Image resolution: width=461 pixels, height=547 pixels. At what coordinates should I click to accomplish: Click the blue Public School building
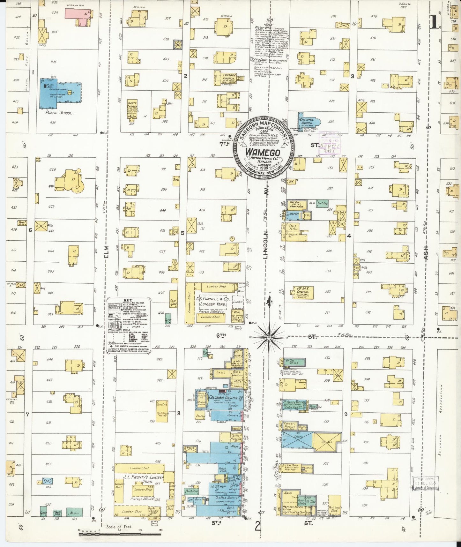(x=61, y=93)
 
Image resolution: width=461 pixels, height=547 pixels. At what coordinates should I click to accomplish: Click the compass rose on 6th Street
(x=269, y=337)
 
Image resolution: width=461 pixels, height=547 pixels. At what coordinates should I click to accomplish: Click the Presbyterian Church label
(x=229, y=77)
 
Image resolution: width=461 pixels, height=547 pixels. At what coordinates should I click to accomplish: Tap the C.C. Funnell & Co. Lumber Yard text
(x=213, y=302)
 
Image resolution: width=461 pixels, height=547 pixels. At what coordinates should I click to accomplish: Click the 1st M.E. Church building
(x=303, y=292)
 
